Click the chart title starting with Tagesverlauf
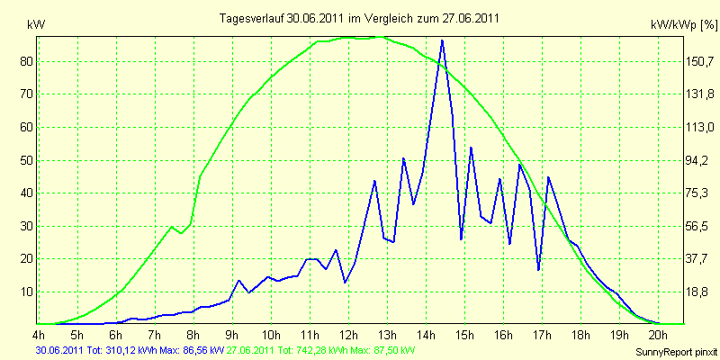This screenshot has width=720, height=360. click(359, 18)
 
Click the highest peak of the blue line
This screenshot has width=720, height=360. click(442, 40)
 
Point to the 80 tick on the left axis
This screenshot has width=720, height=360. click(28, 61)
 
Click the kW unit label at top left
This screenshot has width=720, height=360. click(36, 25)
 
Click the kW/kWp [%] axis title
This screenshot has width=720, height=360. click(683, 25)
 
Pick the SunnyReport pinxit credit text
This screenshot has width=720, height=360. click(676, 353)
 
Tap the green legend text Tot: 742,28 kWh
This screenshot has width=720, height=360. click(317, 349)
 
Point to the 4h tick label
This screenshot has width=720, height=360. click(38, 334)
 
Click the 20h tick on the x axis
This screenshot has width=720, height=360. click(659, 334)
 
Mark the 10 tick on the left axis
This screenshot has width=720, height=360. click(28, 292)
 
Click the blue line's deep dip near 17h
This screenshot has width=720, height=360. click(538, 269)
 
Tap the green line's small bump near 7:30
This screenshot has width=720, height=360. click(172, 227)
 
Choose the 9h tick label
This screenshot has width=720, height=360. click(233, 334)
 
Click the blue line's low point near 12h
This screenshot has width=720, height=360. click(345, 282)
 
